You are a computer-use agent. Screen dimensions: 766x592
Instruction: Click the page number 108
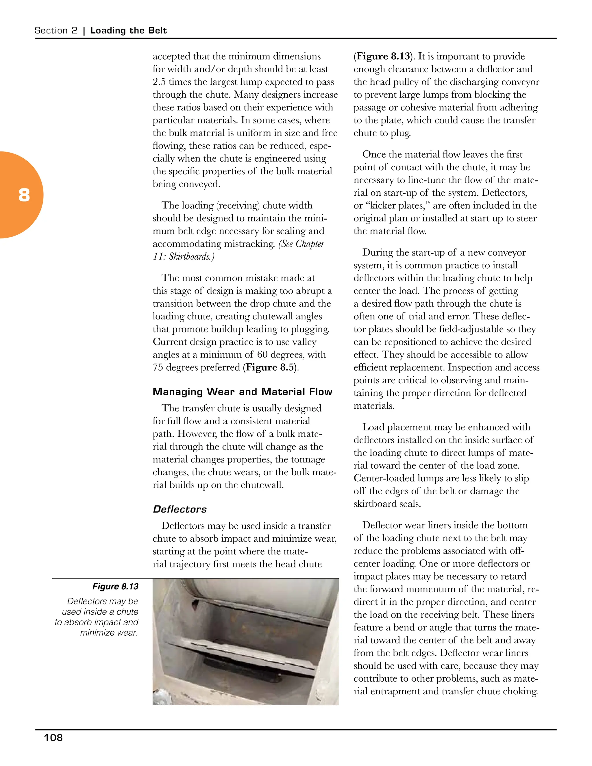53,738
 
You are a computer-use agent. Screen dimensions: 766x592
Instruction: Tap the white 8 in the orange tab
24,195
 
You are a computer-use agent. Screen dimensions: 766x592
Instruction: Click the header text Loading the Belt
128,31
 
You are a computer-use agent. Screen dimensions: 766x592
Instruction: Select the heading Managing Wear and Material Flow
242,392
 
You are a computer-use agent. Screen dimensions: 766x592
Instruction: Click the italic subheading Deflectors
180,509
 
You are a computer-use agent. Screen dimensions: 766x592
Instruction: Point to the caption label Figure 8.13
115,586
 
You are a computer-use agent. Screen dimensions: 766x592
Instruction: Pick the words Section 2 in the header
56,31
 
